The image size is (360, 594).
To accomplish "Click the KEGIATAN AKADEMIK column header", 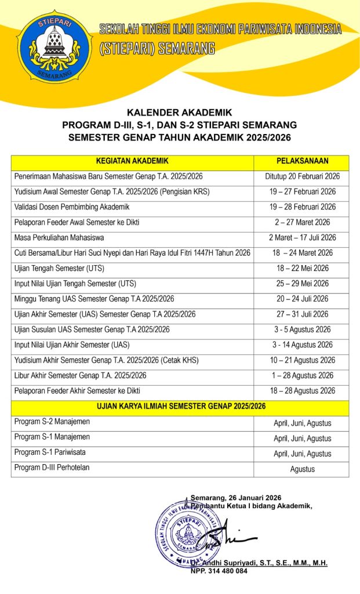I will click(132, 161).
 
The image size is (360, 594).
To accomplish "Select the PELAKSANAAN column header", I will click(302, 161).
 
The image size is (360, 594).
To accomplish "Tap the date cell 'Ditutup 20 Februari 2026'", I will click(302, 176).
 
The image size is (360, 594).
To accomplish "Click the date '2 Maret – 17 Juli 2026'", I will click(302, 238).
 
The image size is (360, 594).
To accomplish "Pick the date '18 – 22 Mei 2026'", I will click(302, 269).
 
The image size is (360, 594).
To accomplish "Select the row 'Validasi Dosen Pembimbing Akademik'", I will click(71, 207).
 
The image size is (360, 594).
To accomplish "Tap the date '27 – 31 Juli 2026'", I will click(302, 314).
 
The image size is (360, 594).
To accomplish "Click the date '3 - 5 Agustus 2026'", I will click(302, 329).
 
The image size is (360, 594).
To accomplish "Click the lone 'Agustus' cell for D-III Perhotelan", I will click(302, 469).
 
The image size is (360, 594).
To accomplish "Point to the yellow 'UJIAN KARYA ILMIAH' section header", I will click(180, 407).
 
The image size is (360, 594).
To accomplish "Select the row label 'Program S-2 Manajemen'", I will click(52, 422).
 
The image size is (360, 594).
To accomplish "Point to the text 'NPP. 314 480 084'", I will click(219, 571).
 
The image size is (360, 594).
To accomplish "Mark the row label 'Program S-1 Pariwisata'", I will click(50, 452).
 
